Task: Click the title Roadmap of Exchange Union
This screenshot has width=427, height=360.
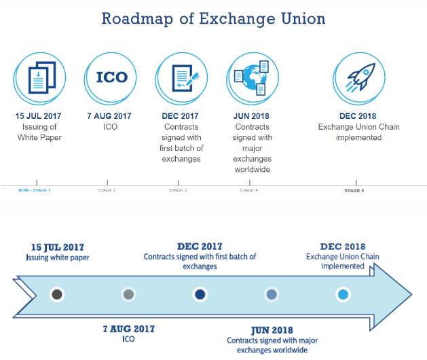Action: click(x=213, y=18)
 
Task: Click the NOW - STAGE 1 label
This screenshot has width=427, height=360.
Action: click(x=35, y=190)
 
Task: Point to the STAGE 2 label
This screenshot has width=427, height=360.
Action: click(x=107, y=190)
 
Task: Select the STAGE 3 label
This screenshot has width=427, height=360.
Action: click(x=178, y=190)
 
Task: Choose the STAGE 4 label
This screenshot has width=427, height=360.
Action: click(x=248, y=190)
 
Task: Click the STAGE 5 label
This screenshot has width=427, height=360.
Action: click(x=354, y=191)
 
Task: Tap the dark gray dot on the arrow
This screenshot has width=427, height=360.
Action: click(x=58, y=294)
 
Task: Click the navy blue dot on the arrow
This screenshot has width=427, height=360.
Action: click(x=200, y=294)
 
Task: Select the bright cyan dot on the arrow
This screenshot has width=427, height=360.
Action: click(x=343, y=294)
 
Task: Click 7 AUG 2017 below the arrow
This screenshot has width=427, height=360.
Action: click(x=128, y=328)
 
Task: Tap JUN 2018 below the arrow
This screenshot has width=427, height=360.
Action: click(x=272, y=330)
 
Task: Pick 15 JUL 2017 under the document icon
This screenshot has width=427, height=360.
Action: click(x=39, y=116)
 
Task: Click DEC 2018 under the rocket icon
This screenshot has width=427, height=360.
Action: click(x=358, y=116)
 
